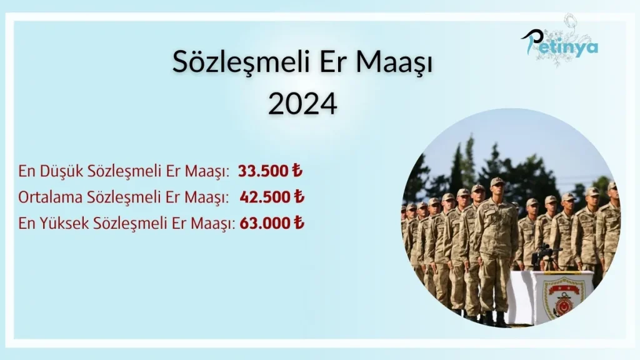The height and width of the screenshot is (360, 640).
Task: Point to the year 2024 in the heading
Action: tap(302, 104)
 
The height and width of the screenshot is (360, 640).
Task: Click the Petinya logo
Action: tap(560, 43)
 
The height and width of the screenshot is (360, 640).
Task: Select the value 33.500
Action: tap(263, 171)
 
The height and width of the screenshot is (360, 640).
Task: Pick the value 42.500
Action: tap(265, 197)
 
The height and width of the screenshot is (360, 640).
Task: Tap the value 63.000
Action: tap(265, 223)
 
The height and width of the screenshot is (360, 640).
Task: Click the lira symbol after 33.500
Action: tap(297, 170)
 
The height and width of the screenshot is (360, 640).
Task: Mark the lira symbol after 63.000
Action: tap(299, 222)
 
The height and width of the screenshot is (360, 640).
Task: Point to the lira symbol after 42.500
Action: tap(299, 196)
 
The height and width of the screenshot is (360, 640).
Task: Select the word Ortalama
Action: tap(50, 197)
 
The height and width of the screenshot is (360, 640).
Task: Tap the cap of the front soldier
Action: tap(497, 181)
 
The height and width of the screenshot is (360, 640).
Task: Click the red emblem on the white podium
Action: tap(564, 299)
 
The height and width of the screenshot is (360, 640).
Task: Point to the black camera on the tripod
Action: tap(544, 251)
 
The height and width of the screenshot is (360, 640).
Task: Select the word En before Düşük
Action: tap(27, 171)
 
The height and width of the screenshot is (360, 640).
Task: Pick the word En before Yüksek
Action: tap(27, 223)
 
